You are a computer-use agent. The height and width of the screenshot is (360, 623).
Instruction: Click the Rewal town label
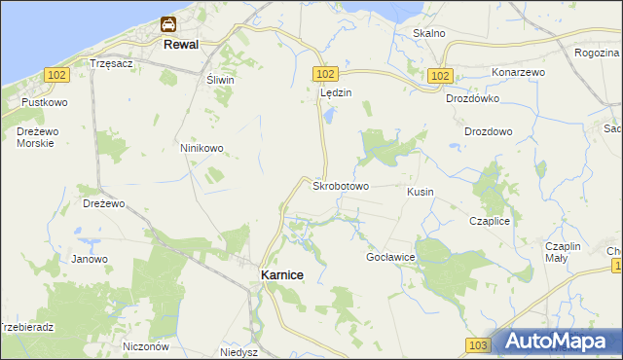182,45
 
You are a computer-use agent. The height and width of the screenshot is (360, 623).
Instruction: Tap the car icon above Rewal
168,24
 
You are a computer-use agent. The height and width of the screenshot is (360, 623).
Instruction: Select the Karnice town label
281,275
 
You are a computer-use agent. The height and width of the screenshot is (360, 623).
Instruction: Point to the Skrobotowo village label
340,185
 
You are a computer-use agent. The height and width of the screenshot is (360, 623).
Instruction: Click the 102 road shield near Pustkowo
55,74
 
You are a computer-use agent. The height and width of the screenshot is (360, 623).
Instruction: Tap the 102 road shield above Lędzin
325,74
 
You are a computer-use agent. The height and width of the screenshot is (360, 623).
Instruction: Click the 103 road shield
477,345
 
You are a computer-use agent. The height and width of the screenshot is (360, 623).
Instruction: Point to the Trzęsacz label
110,62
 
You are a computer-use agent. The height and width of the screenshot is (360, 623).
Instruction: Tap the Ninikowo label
202,148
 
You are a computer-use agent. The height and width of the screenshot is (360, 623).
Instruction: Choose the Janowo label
90,259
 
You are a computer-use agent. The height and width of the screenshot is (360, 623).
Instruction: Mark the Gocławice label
390,257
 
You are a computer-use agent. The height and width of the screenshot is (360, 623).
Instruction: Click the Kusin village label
421,192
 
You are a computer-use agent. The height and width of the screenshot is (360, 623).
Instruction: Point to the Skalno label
428,33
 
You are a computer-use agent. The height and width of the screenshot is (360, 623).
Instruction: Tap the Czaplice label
490,221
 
